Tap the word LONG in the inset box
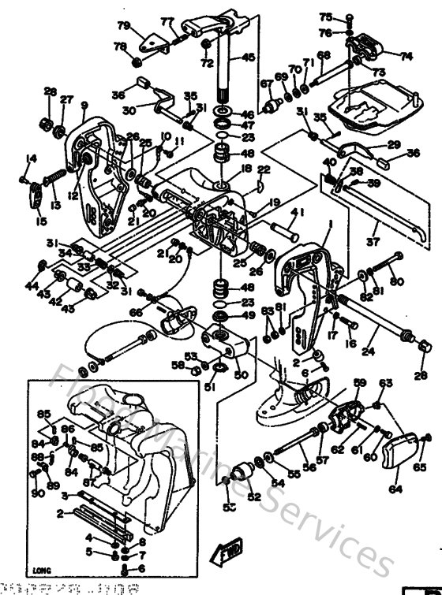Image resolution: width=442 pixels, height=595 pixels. pyautogui.click(x=42, y=567)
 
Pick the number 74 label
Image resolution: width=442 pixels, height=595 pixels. pyautogui.click(x=406, y=57)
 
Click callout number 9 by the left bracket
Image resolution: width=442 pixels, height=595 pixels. pyautogui.click(x=84, y=106)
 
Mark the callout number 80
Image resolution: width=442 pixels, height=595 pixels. pyautogui.click(x=396, y=282)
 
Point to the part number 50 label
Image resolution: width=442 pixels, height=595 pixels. pyautogui.click(x=240, y=374)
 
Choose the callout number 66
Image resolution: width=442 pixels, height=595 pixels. pyautogui.click(x=137, y=313)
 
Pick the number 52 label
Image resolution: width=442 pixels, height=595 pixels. pyautogui.click(x=253, y=497)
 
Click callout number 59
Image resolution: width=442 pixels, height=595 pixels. pyautogui.click(x=359, y=382)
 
